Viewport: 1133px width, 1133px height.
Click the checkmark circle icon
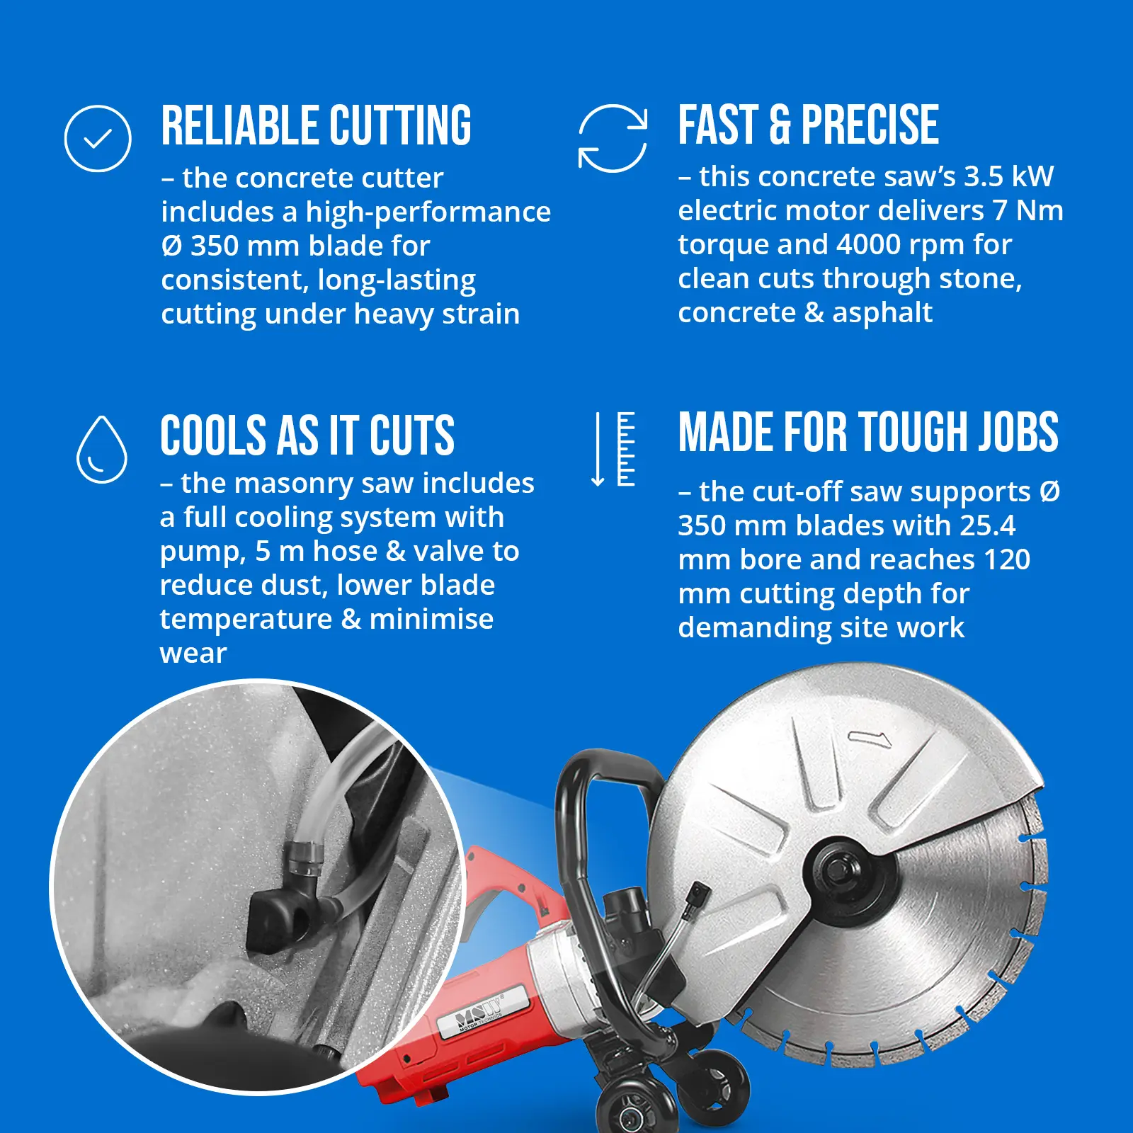[98, 139]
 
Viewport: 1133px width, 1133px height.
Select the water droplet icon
[102, 450]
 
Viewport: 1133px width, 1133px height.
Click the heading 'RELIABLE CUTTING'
[316, 126]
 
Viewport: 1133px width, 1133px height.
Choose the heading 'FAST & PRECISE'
[809, 125]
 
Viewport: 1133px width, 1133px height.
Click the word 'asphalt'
[882, 313]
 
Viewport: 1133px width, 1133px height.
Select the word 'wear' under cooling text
[193, 654]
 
